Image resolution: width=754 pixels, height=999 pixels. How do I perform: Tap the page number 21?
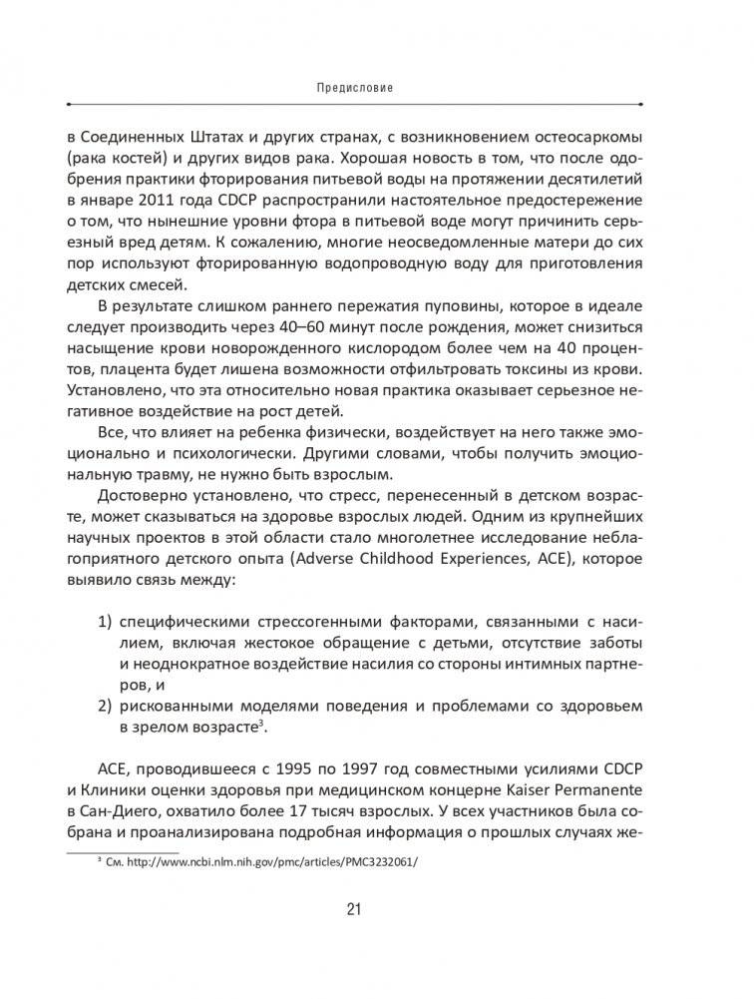[354, 908]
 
